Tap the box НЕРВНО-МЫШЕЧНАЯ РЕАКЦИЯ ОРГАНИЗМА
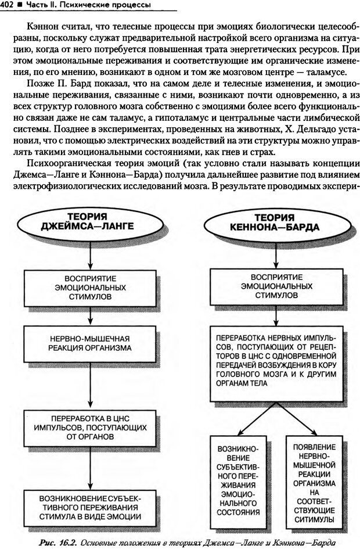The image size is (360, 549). pyautogui.click(x=89, y=343)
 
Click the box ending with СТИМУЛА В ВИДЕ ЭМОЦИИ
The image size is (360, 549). pyautogui.click(x=89, y=507)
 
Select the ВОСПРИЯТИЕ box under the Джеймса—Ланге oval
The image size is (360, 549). pyautogui.click(x=89, y=286)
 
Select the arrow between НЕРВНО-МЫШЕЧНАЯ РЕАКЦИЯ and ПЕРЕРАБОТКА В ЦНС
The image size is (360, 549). pyautogui.click(x=89, y=384)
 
